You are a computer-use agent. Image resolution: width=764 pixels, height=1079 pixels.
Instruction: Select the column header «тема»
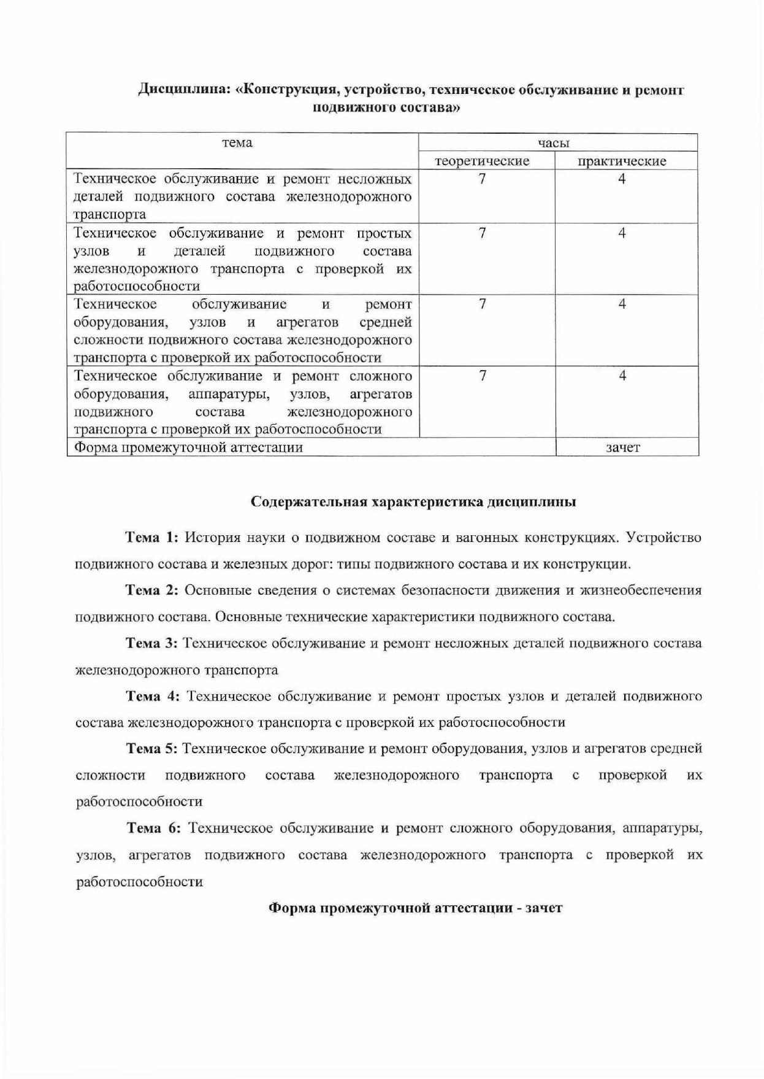[x=237, y=143]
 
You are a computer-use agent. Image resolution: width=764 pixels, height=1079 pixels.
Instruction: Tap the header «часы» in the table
[x=554, y=143]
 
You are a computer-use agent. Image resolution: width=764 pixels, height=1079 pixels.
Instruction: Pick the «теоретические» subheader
[x=482, y=161]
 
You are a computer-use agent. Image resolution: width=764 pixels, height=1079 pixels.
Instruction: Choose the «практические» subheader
[x=622, y=161]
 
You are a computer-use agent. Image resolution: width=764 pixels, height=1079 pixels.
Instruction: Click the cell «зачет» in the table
[x=623, y=447]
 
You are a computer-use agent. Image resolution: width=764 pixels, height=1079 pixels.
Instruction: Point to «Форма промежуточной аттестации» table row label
[x=189, y=447]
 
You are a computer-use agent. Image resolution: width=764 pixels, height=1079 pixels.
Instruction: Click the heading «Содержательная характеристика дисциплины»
[x=414, y=501]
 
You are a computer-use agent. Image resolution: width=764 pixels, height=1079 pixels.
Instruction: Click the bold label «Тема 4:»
[x=153, y=696]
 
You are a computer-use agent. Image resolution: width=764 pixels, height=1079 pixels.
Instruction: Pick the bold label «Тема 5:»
[x=153, y=749]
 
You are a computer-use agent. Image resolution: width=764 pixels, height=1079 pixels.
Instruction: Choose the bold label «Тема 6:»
[x=154, y=829]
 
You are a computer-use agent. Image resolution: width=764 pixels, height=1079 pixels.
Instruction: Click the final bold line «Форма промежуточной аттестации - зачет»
[x=416, y=908]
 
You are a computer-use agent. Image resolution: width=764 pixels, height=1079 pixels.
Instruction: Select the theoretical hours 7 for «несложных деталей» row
[x=483, y=179]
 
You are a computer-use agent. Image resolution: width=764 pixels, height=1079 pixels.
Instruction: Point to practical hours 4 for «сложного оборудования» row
[x=622, y=376]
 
